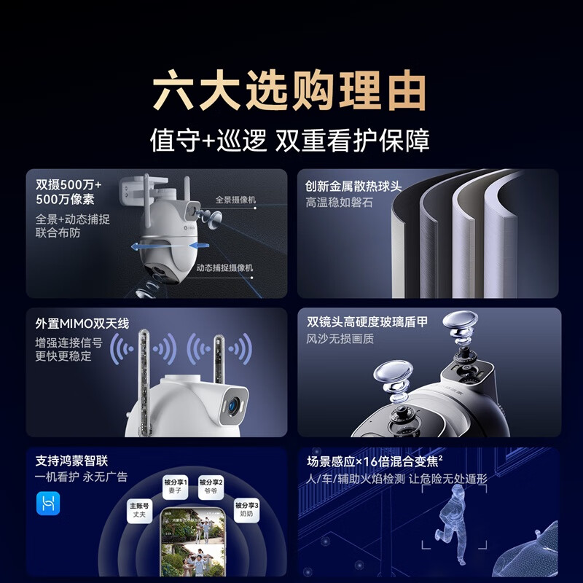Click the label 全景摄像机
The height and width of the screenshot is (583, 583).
tap(235, 200)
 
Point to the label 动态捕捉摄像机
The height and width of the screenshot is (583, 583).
tap(224, 268)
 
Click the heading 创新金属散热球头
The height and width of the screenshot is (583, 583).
tap(353, 187)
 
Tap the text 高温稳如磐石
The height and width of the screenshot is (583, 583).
tap(339, 203)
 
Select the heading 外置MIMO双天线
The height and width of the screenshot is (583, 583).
tap(82, 324)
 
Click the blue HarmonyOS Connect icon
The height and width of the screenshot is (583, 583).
tap(49, 504)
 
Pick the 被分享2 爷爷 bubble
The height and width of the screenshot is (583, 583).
tap(211, 487)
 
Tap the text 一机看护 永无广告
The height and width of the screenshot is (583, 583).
tap(82, 477)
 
